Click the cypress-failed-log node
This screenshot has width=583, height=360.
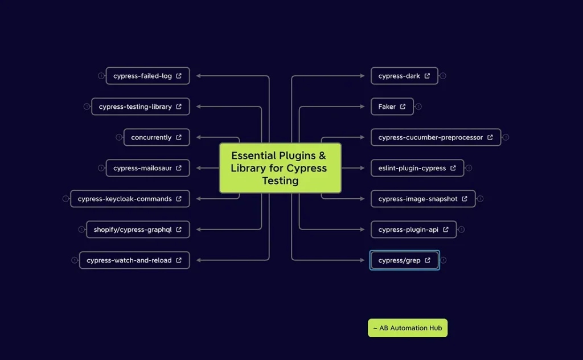(x=147, y=76)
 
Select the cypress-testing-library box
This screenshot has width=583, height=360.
(x=140, y=107)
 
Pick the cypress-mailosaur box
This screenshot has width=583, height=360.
(x=147, y=168)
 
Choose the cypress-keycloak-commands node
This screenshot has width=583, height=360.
(x=130, y=199)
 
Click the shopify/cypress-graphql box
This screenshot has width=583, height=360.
(x=138, y=230)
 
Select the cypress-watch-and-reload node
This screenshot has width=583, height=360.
(x=134, y=260)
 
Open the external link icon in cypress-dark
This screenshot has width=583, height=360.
(x=428, y=76)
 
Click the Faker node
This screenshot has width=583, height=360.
(x=392, y=107)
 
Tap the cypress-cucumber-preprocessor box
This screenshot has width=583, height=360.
(x=436, y=137)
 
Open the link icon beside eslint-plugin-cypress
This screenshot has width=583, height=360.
(x=453, y=168)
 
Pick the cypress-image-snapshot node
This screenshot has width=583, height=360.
(x=422, y=199)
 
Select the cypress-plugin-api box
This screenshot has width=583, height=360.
(x=413, y=230)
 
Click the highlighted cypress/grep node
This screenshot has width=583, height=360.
(x=404, y=260)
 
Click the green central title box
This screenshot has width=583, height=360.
(x=280, y=168)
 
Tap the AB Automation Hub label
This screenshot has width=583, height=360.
(x=408, y=328)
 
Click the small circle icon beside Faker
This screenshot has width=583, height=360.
(x=418, y=107)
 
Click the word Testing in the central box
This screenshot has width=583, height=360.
(x=280, y=181)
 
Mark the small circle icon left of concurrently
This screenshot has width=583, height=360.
(x=119, y=137)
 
